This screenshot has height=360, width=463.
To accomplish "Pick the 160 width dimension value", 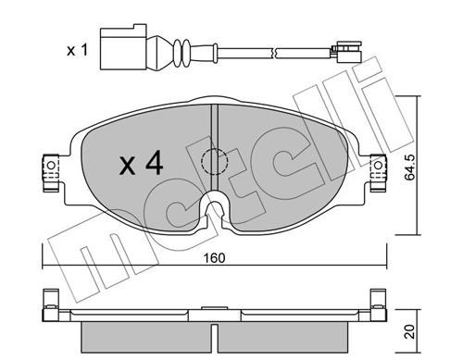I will [x=214, y=248].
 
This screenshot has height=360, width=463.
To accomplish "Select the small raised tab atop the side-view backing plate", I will [x=214, y=302].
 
